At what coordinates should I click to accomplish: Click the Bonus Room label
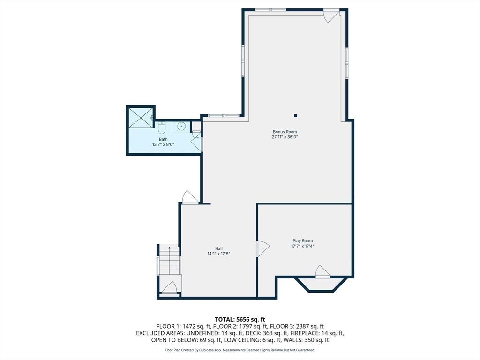285,132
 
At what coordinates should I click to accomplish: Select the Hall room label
219,248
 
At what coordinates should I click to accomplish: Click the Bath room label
163,139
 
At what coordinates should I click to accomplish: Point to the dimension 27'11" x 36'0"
285,137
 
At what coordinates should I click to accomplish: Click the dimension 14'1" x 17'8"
219,254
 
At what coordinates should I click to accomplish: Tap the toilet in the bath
162,127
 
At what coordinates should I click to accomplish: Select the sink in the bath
182,126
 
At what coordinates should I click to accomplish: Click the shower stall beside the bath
140,117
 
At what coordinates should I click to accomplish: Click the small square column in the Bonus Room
295,115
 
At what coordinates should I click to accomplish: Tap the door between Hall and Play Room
262,248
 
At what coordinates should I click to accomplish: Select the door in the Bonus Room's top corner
332,15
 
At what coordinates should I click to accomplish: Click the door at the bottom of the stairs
169,287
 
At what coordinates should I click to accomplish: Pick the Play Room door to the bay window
322,272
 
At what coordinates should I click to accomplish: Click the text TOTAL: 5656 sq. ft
240,319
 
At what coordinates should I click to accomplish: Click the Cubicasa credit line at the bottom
240,350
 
